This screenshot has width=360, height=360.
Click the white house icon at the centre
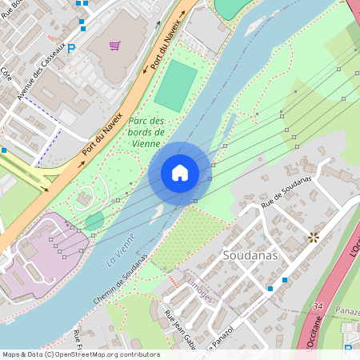(180, 173)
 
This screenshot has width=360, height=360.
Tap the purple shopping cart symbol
(115, 46)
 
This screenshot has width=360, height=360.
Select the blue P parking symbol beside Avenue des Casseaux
(71, 49)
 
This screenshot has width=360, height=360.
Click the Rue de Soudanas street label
(286, 195)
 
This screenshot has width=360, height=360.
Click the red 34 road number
(318, 306)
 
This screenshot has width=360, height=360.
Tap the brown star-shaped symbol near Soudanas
(313, 237)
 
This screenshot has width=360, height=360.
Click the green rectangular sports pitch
(176, 86)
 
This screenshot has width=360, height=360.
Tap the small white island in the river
(158, 211)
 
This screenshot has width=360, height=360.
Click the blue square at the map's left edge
(3, 150)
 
